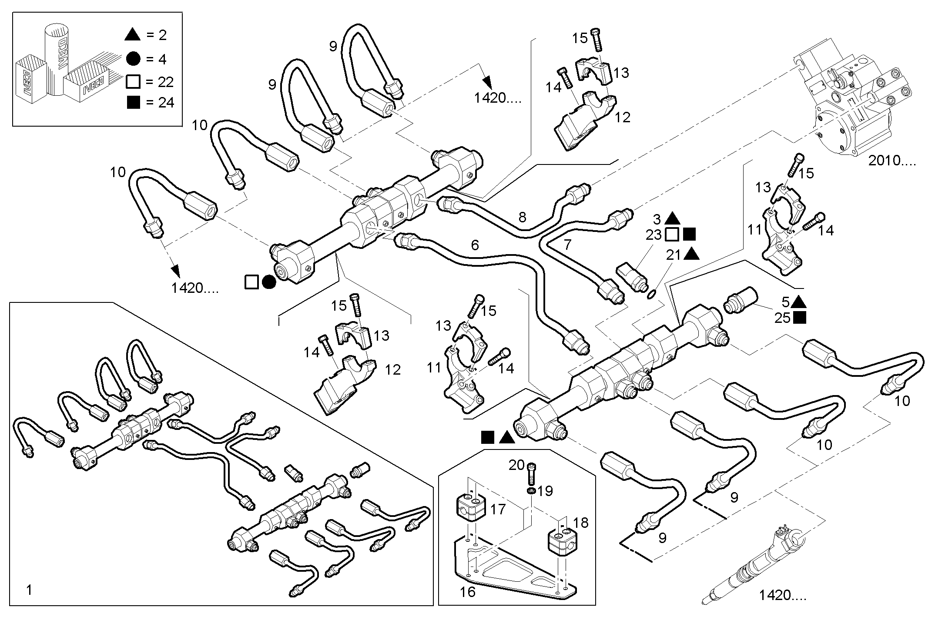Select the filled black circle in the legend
133,59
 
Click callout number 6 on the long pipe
475,245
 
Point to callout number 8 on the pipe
523,217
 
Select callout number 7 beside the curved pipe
567,245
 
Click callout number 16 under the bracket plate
468,592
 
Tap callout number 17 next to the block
498,509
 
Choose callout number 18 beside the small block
580,523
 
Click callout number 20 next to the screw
517,465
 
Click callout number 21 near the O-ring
673,255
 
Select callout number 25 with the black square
782,318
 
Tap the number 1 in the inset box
29,590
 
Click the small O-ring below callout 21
651,295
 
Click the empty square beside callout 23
672,235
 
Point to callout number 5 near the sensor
785,302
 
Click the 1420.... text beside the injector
783,596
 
